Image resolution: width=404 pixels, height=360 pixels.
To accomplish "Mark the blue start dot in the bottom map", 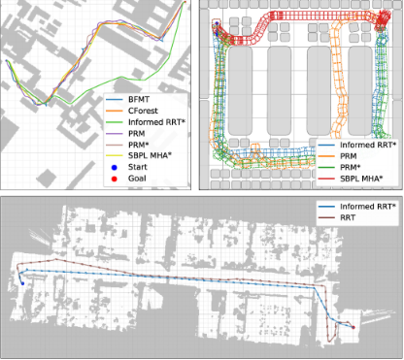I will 21,284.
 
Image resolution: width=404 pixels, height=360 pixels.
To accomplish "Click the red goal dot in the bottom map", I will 353,328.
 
